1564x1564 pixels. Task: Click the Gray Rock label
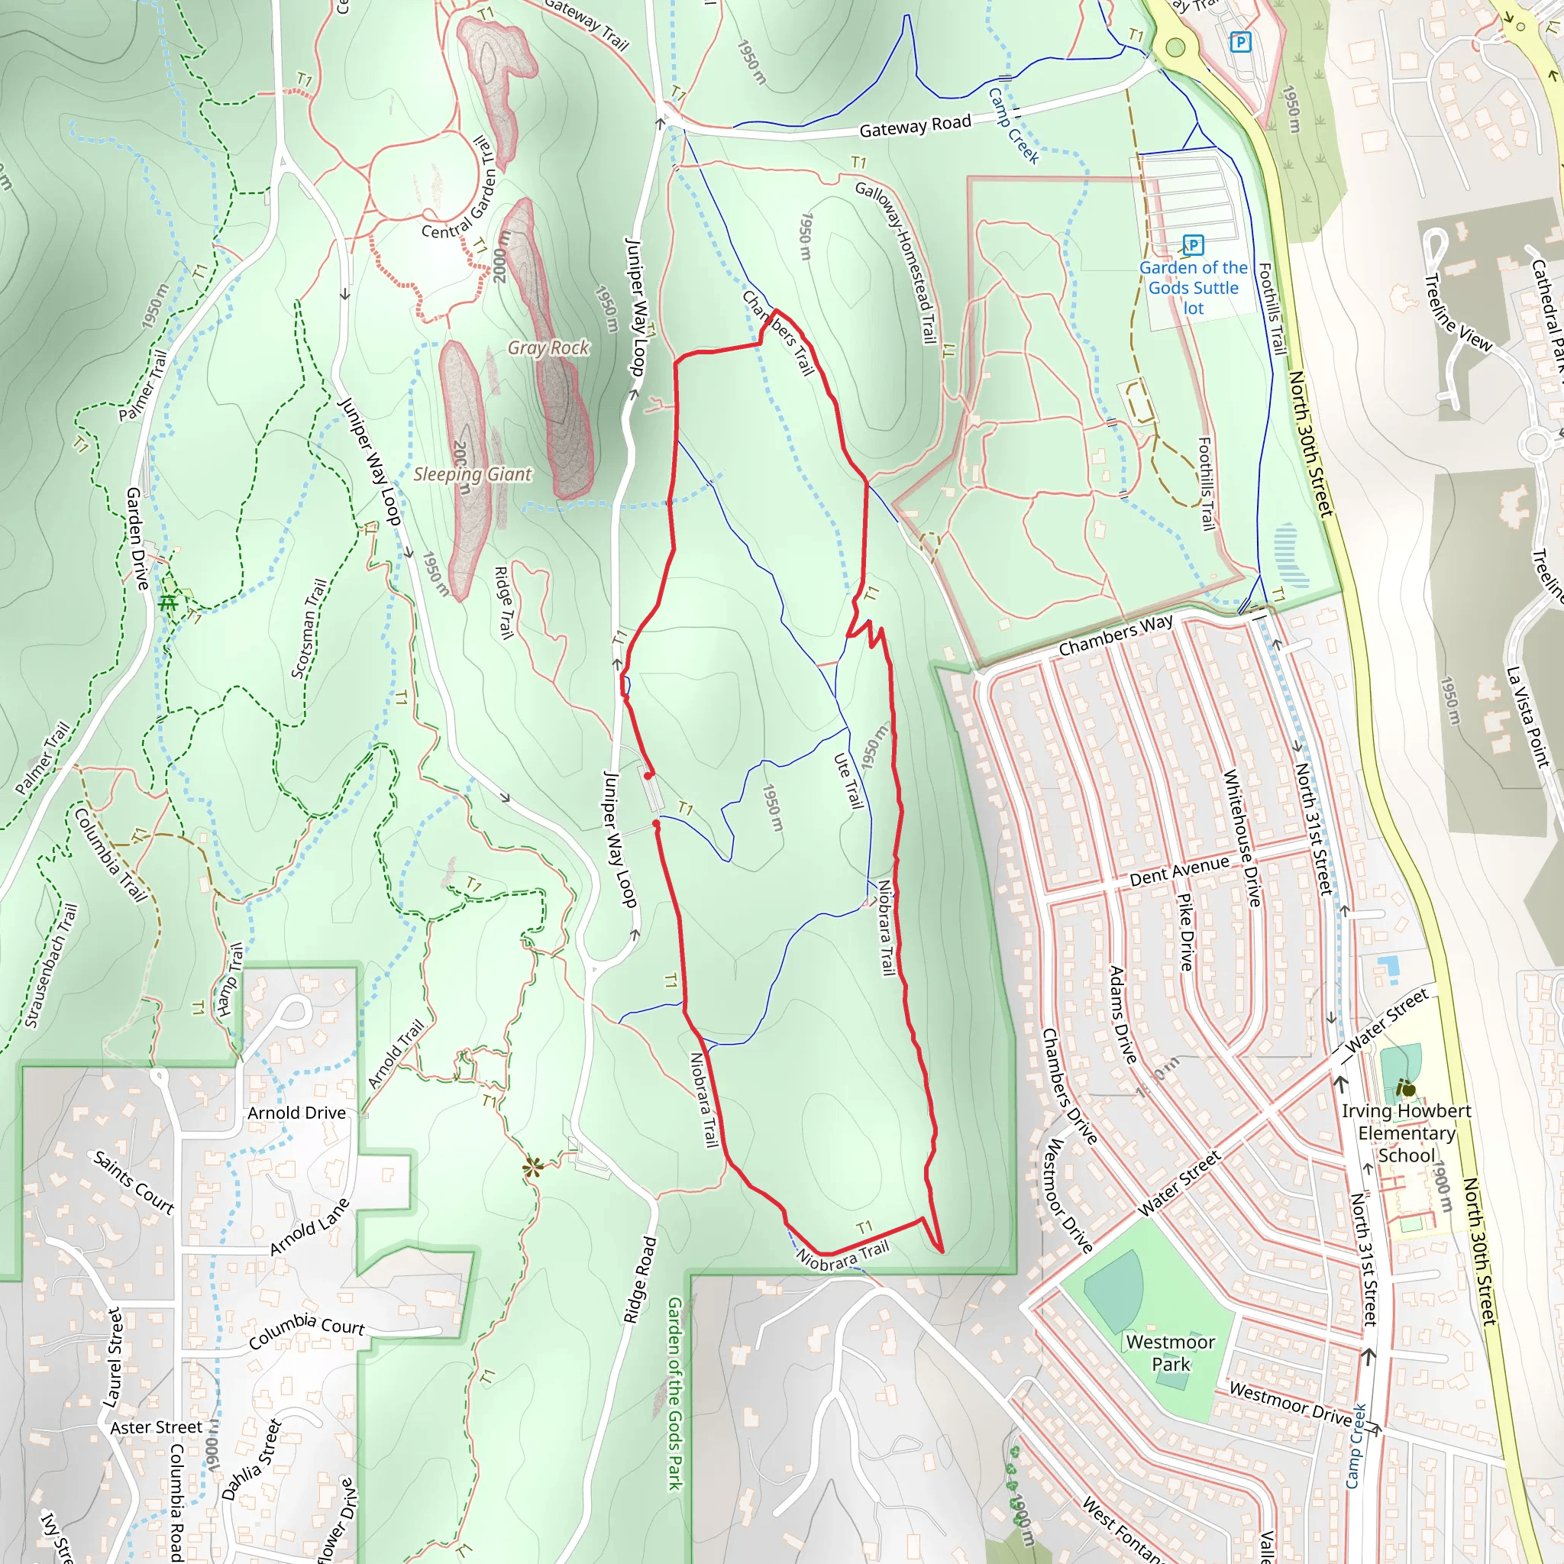click(548, 347)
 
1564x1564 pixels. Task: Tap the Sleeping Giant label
click(472, 474)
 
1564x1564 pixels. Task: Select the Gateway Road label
click(915, 126)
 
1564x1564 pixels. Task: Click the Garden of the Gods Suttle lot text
click(1194, 287)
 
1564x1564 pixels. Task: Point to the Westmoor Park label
click(1170, 1352)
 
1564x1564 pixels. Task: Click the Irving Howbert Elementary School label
click(1406, 1133)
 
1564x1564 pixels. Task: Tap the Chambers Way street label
click(1116, 635)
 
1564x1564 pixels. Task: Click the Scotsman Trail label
click(309, 629)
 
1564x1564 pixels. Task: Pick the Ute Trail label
click(849, 780)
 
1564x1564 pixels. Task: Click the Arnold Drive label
click(296, 1113)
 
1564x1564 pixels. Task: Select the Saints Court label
click(134, 1182)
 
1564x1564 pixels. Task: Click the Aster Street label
click(157, 1427)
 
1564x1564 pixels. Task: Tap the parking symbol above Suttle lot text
click(1194, 244)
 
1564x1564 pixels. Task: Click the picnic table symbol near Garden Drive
click(168, 603)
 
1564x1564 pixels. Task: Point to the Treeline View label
click(1457, 312)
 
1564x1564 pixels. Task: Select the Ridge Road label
click(639, 1280)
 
